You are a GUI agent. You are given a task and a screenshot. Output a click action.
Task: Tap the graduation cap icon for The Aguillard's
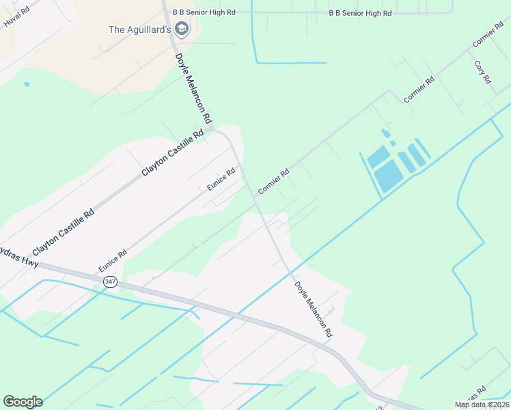point(182,29)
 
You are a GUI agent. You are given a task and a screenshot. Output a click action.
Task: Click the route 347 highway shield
point(110,282)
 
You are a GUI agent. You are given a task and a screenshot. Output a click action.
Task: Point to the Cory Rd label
point(483,72)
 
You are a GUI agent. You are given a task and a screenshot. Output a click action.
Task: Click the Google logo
point(23,402)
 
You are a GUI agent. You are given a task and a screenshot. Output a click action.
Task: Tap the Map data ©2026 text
point(481,405)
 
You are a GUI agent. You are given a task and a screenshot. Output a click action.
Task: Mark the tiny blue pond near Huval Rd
point(27,85)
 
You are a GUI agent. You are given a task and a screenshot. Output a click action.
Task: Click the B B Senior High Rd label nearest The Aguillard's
point(204,12)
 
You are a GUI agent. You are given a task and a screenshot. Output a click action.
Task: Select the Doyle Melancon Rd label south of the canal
point(314,310)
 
